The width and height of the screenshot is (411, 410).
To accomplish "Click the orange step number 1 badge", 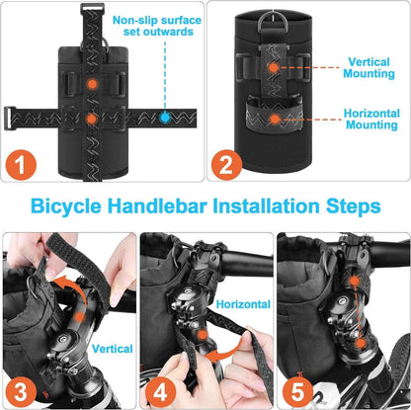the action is click(x=21, y=165).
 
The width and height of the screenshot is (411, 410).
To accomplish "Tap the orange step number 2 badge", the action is click(x=227, y=165).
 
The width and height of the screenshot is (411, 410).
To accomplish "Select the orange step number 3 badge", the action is click(x=21, y=392).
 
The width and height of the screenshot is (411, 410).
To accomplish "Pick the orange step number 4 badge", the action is click(x=160, y=392).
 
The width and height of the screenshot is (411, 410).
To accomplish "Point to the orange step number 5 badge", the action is click(x=297, y=392).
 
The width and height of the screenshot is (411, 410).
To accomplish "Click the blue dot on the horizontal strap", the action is click(x=165, y=118).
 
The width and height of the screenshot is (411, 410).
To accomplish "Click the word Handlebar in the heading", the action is click(x=157, y=206).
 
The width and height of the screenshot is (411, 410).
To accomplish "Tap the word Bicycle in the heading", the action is click(x=66, y=207).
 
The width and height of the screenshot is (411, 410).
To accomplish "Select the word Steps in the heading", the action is click(x=354, y=207).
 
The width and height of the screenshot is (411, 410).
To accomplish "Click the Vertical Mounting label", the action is click(x=369, y=68).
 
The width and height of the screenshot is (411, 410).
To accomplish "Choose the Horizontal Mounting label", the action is click(x=371, y=120).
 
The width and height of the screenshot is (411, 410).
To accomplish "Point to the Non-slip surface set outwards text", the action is click(x=157, y=26).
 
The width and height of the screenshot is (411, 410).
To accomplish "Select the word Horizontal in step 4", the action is click(x=243, y=304).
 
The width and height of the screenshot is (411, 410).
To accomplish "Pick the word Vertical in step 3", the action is click(x=113, y=349).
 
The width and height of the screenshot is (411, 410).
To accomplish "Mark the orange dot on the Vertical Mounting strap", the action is click(x=274, y=68).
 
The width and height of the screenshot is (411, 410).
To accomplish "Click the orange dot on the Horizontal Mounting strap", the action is click(x=275, y=120).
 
